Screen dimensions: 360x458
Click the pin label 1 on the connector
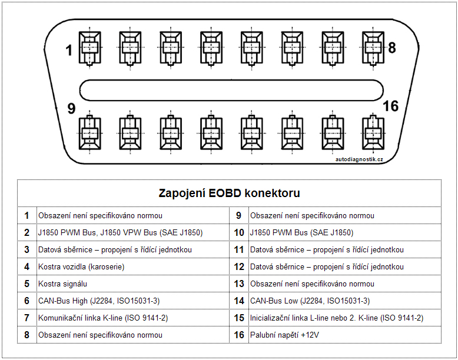[69, 51]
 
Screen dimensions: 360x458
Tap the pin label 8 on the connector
[391, 48]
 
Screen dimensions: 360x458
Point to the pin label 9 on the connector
[71, 109]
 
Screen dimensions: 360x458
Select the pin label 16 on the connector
[390, 106]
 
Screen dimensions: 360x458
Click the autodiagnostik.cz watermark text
[359, 159]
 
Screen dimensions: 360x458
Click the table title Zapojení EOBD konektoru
[230, 193]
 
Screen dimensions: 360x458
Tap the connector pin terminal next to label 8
[371, 46]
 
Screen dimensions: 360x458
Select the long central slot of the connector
[230, 90]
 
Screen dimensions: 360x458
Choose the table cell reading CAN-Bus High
[99, 301]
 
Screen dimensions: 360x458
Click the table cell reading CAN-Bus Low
[310, 301]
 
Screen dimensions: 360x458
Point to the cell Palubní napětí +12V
[284, 335]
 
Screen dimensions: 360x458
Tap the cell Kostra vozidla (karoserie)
[81, 266]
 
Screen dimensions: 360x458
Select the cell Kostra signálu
[64, 284]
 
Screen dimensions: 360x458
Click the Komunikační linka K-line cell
[103, 318]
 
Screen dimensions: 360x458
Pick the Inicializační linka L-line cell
[336, 318]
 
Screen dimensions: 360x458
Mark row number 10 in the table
[239, 232]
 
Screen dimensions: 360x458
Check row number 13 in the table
[239, 284]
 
